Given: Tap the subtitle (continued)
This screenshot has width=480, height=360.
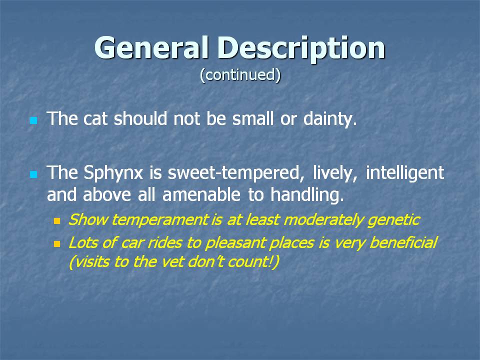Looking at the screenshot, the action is click(240, 75).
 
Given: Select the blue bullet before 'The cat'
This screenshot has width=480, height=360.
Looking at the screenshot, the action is click(33, 120).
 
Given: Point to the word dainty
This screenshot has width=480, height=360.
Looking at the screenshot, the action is click(330, 119).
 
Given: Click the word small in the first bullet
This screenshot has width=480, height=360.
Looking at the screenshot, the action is click(252, 118).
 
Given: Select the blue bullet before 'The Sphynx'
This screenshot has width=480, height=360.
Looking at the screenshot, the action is click(33, 174).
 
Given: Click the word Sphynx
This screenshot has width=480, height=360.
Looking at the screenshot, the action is click(113, 173).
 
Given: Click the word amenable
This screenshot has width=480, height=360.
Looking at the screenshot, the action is click(201, 194).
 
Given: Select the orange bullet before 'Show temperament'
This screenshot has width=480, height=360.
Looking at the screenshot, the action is click(57, 220).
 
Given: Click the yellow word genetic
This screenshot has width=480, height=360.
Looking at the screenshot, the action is click(393, 220).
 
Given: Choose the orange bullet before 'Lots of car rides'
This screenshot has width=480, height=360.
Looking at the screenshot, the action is click(57, 244).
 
